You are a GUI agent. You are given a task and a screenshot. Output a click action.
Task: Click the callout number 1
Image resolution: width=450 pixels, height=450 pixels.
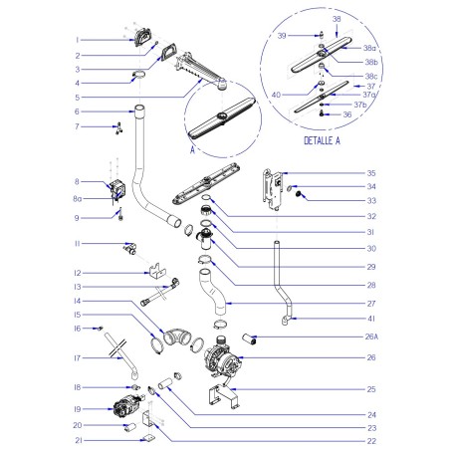104,40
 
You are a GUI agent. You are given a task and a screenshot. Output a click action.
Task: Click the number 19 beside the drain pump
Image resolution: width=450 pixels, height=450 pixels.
105,408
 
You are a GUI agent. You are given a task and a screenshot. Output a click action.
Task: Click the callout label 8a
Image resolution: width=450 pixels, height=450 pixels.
106,198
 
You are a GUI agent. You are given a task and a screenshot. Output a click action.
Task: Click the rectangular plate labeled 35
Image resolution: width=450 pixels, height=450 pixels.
267,192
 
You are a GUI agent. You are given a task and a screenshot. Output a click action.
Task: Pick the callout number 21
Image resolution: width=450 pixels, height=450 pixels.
105,439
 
